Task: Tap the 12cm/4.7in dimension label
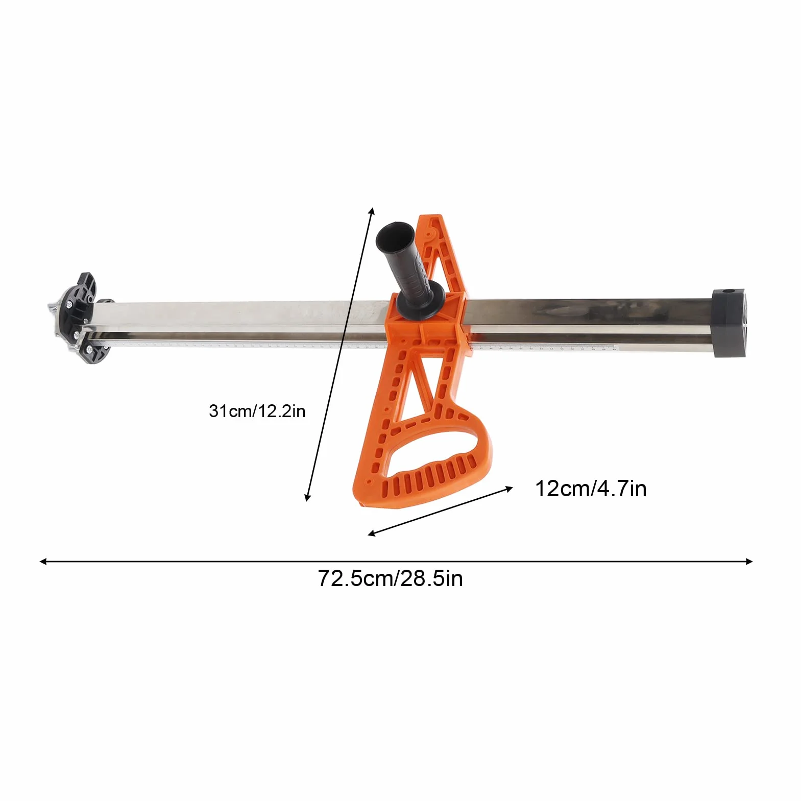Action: click(x=591, y=489)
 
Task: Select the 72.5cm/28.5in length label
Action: click(x=391, y=578)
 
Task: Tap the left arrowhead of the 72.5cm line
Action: click(x=43, y=562)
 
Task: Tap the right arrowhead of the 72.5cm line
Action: click(x=749, y=562)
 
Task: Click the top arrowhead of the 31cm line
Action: click(x=372, y=211)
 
